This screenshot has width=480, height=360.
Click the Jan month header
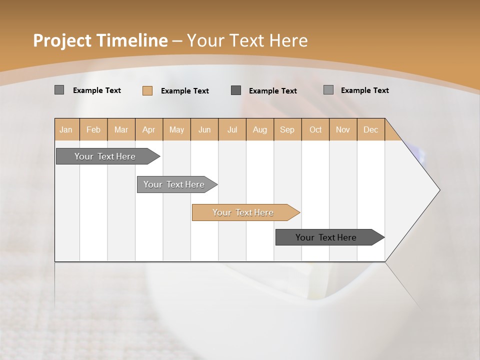tap(66, 129)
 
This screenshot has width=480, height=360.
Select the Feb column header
tap(93, 129)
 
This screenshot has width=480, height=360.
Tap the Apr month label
tap(148, 129)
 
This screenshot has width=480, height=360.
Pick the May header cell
tap(176, 129)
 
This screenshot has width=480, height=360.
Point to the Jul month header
tap(232, 129)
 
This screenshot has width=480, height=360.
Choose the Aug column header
tap(259, 129)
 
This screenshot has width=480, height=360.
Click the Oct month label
tap(315, 129)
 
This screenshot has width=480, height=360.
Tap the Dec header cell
tap(370, 129)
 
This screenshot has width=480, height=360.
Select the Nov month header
tap(342, 129)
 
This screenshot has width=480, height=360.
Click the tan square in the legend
tap(147, 90)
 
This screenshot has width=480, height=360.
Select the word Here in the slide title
tap(288, 40)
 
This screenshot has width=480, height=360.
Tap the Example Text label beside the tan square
tap(184, 91)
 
